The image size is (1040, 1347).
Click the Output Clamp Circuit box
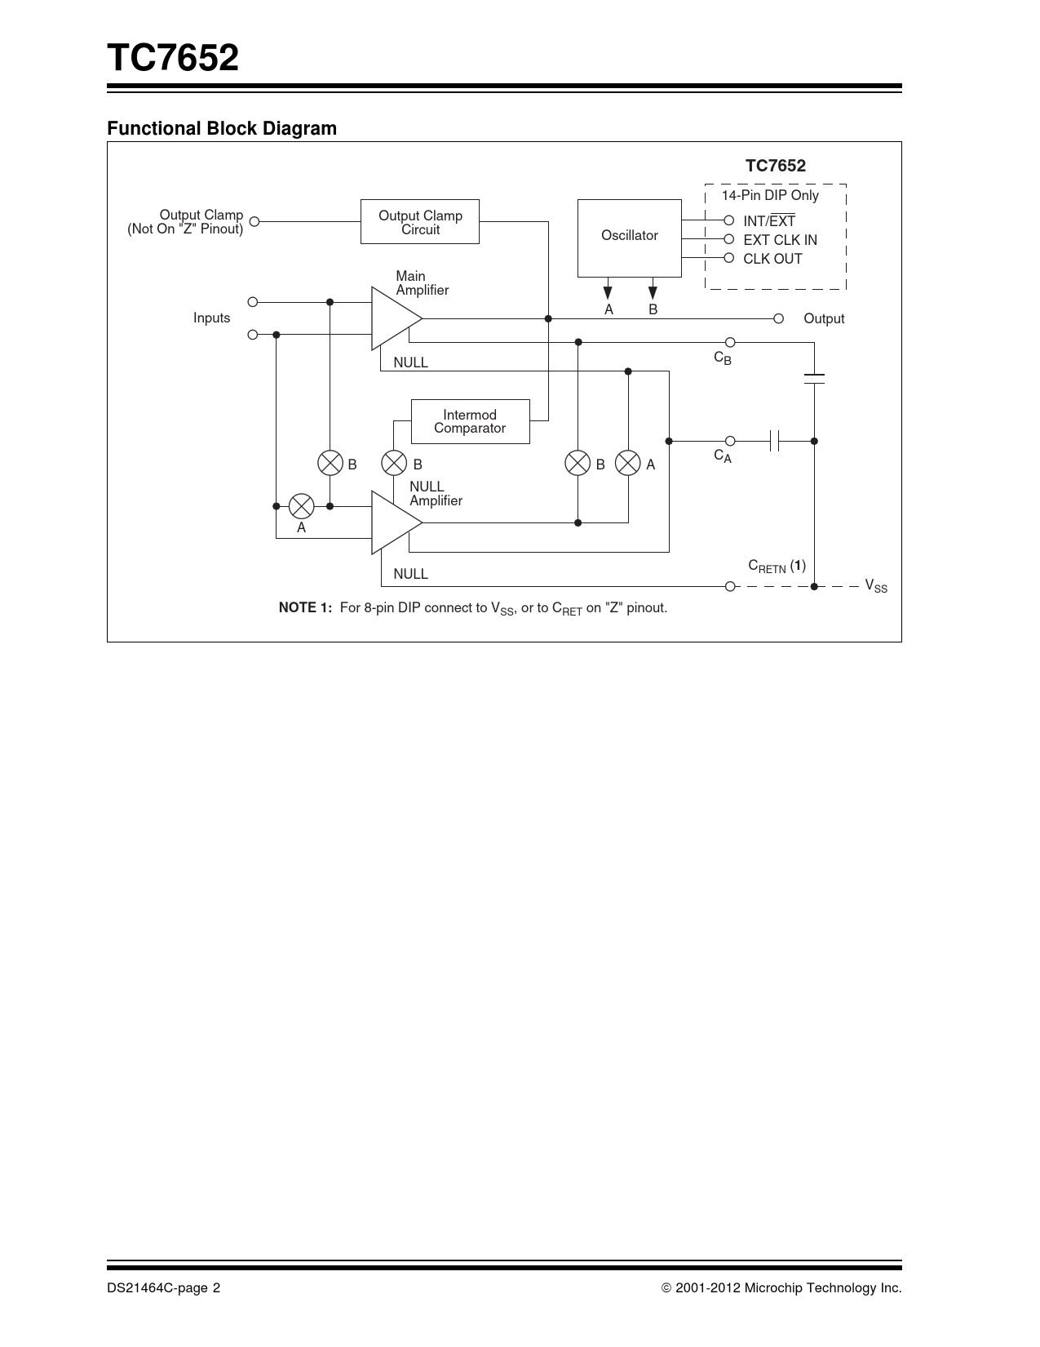point(420,222)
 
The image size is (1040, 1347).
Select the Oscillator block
point(629,238)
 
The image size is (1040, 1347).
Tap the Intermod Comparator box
point(470,421)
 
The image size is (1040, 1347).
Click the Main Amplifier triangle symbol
point(394,318)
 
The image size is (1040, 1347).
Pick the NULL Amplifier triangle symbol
point(394,522)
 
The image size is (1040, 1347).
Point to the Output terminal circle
point(778,318)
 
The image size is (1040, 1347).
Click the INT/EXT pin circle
point(729,220)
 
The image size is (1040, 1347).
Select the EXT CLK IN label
point(780,240)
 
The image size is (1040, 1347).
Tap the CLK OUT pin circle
point(729,258)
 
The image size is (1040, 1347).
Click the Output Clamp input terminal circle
point(254,221)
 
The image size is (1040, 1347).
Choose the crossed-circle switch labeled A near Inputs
point(302,506)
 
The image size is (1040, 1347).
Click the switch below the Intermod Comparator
point(394,464)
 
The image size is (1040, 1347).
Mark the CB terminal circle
point(730,342)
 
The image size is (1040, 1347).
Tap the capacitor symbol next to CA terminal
point(775,441)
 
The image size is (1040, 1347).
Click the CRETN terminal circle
point(730,586)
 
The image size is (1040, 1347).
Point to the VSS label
point(876,586)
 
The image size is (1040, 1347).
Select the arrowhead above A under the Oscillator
point(608,292)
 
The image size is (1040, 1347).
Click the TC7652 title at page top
point(173,59)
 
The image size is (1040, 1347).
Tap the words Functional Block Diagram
point(222,128)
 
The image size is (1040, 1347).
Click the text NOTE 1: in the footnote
point(305,607)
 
